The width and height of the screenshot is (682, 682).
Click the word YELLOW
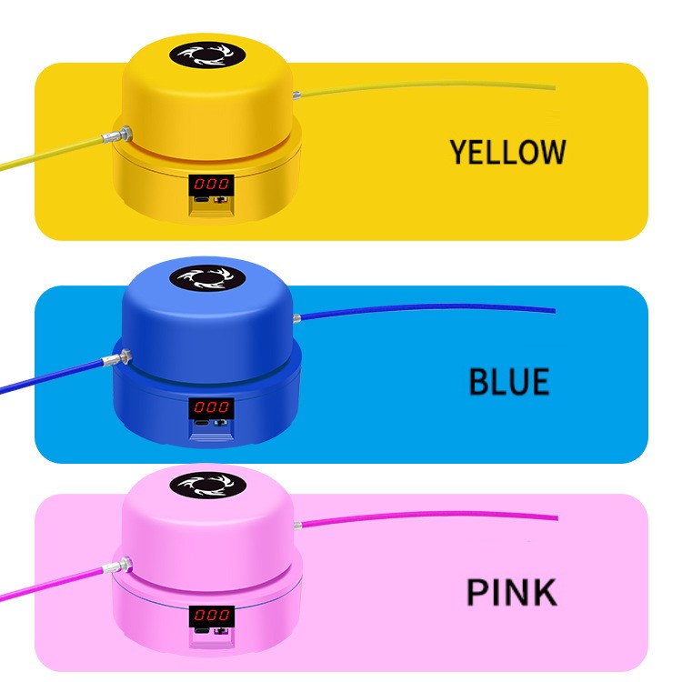tap(507, 152)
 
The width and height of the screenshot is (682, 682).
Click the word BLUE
tap(509, 381)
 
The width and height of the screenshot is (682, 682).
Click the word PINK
tap(511, 592)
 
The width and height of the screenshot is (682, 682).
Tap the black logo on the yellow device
tap(207, 55)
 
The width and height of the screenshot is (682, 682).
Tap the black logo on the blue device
tap(207, 278)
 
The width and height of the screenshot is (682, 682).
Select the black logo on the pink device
tap(208, 486)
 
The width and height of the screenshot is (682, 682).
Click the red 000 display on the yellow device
tap(211, 184)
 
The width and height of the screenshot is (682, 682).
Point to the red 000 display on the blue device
tap(211, 407)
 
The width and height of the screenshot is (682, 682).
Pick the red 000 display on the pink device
tap(212, 615)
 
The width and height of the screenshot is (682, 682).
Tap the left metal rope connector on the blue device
tap(117, 358)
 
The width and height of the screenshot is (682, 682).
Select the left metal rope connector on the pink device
tap(117, 566)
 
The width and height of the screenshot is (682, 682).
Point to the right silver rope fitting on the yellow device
tap(297, 95)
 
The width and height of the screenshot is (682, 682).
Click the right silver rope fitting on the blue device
tap(297, 318)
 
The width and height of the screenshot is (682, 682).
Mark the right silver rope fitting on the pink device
tap(298, 526)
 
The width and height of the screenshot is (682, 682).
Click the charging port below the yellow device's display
tap(201, 200)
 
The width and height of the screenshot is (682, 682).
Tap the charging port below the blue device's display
tap(201, 423)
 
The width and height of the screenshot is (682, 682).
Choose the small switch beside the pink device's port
tap(221, 631)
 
